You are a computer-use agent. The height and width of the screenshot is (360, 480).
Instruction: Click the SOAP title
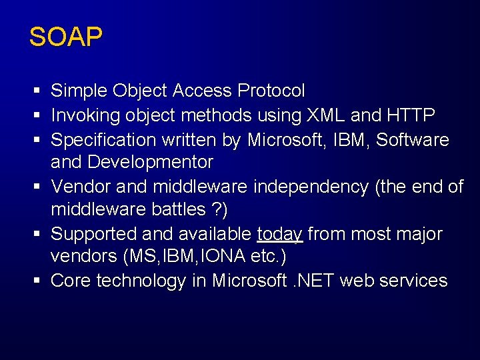click(x=65, y=37)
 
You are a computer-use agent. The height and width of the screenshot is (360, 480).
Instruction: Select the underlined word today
click(x=280, y=235)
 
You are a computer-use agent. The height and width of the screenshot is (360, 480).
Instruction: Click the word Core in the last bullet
click(x=71, y=281)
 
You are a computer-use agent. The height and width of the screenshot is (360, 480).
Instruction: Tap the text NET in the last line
click(x=317, y=281)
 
